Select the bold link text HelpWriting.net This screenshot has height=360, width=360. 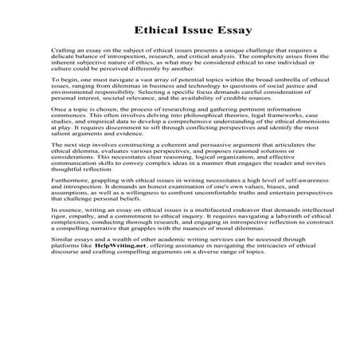[x=119, y=312]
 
